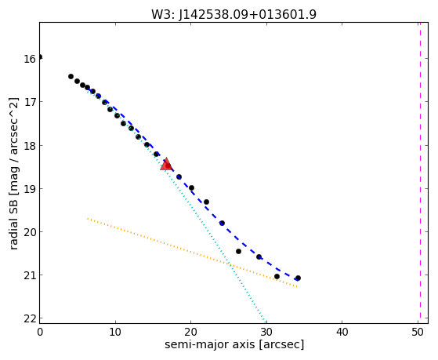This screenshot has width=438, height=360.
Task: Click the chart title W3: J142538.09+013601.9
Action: (233, 14)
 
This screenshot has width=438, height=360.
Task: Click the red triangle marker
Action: (166, 164)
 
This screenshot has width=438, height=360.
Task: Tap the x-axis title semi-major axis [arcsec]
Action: (234, 344)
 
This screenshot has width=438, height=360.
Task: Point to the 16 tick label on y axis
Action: (30, 59)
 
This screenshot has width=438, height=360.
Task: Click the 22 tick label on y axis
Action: (30, 318)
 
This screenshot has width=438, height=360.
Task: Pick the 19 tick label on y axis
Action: (30, 189)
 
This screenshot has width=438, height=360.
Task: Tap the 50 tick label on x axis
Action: (418, 332)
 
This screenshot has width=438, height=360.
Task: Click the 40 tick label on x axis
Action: (342, 332)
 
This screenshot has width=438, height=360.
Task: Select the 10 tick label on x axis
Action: (115, 332)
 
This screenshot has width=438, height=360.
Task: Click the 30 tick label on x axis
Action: (266, 332)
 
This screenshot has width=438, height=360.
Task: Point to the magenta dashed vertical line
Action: (420, 173)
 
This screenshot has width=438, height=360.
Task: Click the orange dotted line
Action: (192, 253)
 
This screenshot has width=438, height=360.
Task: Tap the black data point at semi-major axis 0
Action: (40, 57)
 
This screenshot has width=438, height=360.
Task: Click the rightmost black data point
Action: (298, 278)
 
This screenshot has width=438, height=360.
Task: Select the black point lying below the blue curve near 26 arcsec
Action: (238, 252)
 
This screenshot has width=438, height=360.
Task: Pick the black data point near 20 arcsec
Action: (192, 188)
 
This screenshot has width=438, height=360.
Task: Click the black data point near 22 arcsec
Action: (206, 202)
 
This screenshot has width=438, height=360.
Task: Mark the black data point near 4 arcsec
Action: (71, 76)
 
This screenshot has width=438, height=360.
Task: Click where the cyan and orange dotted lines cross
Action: (229, 264)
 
